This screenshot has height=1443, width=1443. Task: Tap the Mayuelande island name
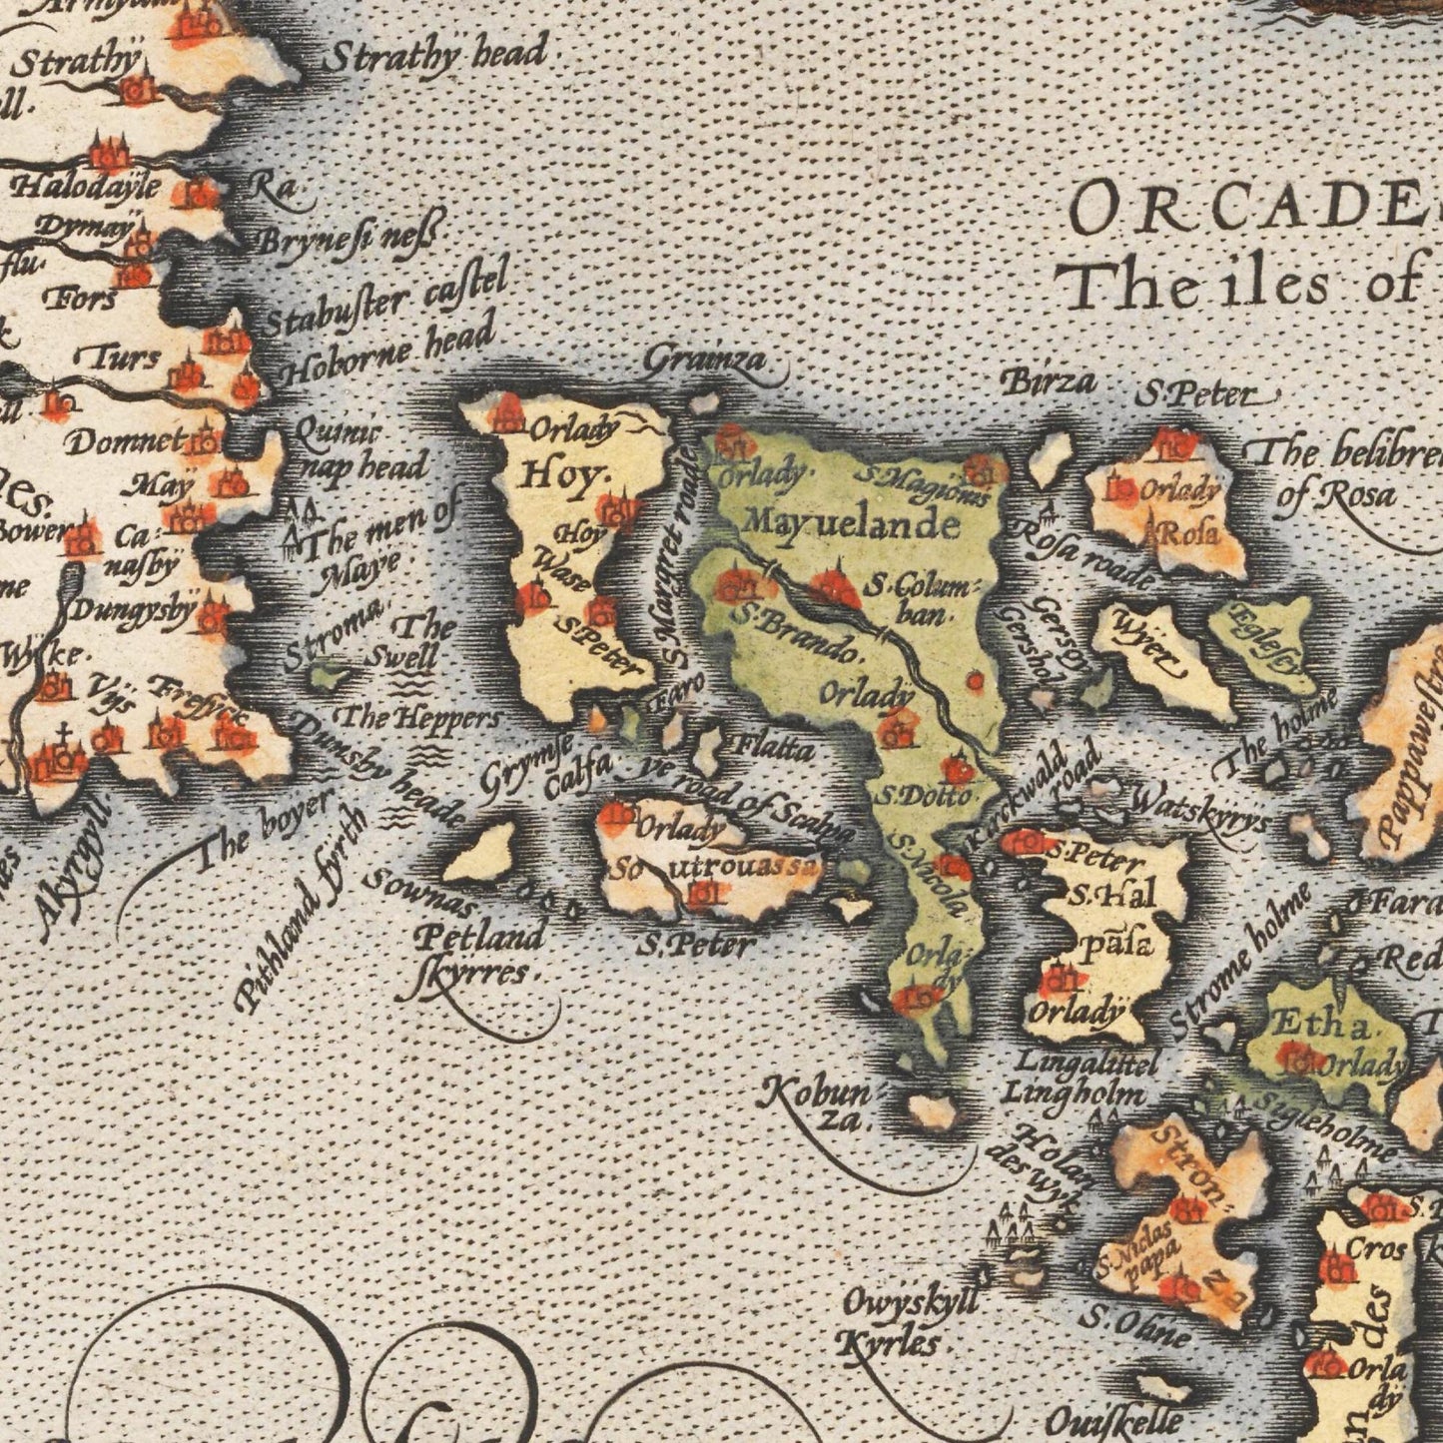[x=852, y=522]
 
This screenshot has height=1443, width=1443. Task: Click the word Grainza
[x=706, y=361]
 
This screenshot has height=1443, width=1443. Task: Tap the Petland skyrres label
[x=478, y=954]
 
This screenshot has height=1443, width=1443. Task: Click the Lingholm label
[x=1073, y=1091]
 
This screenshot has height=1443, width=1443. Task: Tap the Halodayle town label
[x=84, y=187]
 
